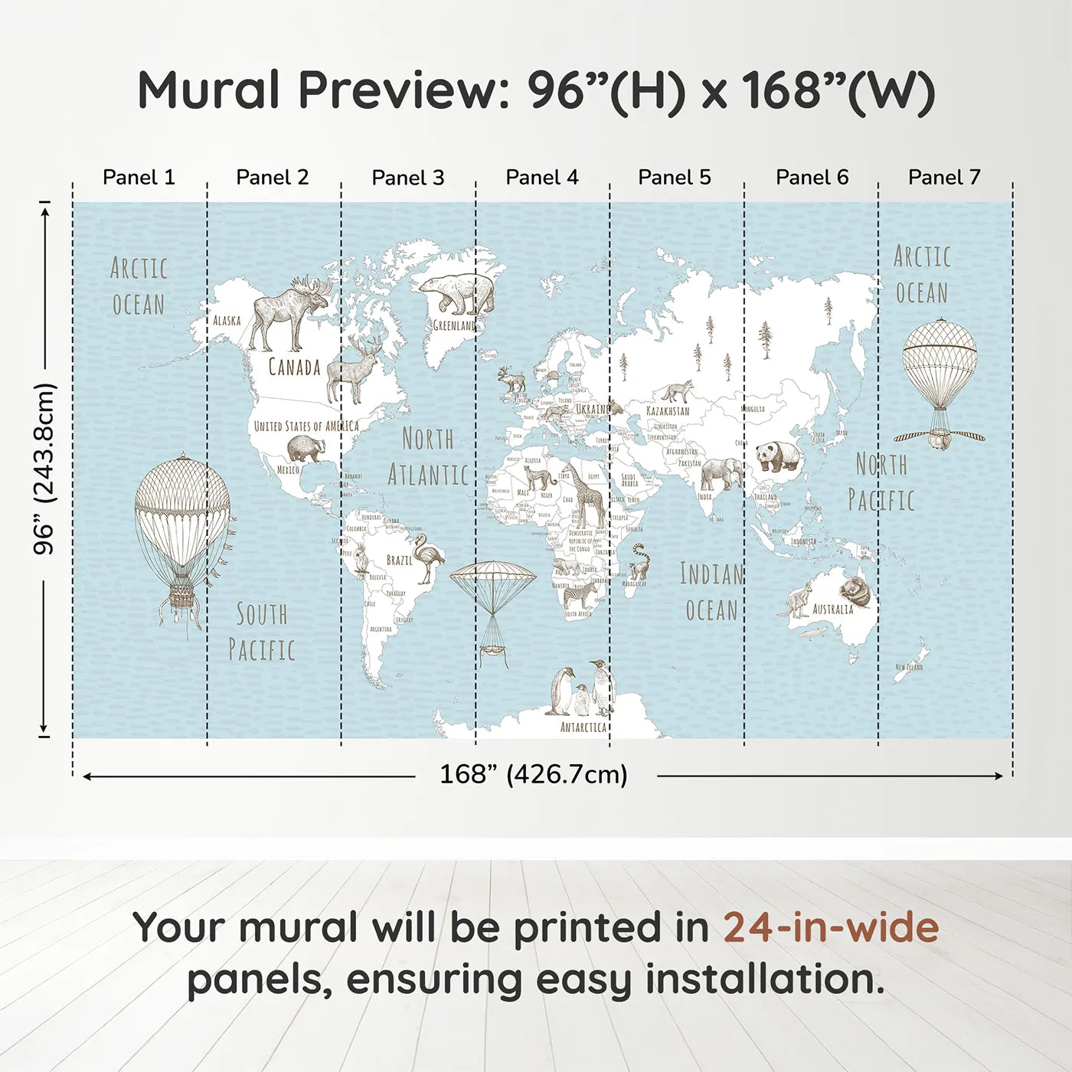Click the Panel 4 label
point(542,178)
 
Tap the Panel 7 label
point(944,178)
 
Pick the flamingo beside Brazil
point(427,558)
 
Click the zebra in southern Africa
point(580,596)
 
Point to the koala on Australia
point(855,592)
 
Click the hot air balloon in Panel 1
point(182,536)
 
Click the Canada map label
point(294,368)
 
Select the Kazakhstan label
point(668,411)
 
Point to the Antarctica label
point(583,727)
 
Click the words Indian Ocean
point(711,592)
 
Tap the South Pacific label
point(262,632)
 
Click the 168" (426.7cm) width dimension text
point(533,775)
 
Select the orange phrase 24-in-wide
point(831,928)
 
